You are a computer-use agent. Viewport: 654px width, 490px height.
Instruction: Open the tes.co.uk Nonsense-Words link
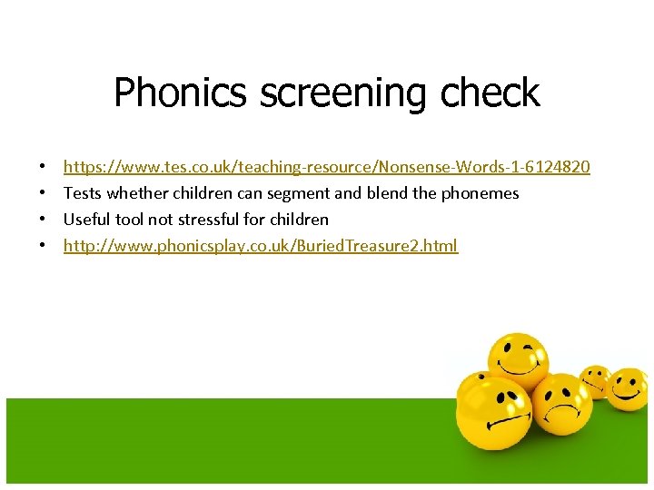[326, 167]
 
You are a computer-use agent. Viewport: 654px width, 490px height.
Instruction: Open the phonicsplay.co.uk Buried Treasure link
[261, 246]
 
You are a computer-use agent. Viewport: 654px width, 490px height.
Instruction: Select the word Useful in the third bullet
[86, 220]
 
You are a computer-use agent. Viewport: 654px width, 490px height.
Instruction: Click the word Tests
[83, 193]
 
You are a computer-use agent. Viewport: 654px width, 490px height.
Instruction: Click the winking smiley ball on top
[517, 359]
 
